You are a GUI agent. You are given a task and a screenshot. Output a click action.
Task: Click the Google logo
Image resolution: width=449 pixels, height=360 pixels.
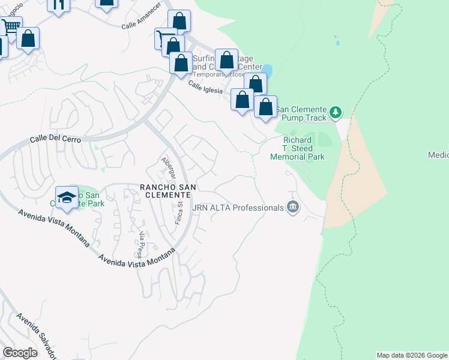point(20,353)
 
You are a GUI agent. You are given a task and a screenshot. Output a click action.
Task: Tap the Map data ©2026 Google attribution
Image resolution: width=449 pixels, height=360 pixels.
point(412,355)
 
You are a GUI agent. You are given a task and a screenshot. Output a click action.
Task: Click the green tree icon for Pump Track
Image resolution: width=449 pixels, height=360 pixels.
point(336,112)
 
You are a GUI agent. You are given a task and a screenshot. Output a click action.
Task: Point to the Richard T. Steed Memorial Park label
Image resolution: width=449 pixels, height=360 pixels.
point(297,148)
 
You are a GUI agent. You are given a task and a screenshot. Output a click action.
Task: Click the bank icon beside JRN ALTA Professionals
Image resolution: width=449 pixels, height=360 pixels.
point(293,208)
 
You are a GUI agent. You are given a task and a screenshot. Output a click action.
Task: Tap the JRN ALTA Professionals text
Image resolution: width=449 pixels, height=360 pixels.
point(237,208)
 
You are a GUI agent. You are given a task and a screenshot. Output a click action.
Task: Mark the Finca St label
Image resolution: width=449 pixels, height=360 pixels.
point(179,211)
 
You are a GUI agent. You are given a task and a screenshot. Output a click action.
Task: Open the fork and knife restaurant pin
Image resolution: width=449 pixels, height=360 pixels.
point(58,5)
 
